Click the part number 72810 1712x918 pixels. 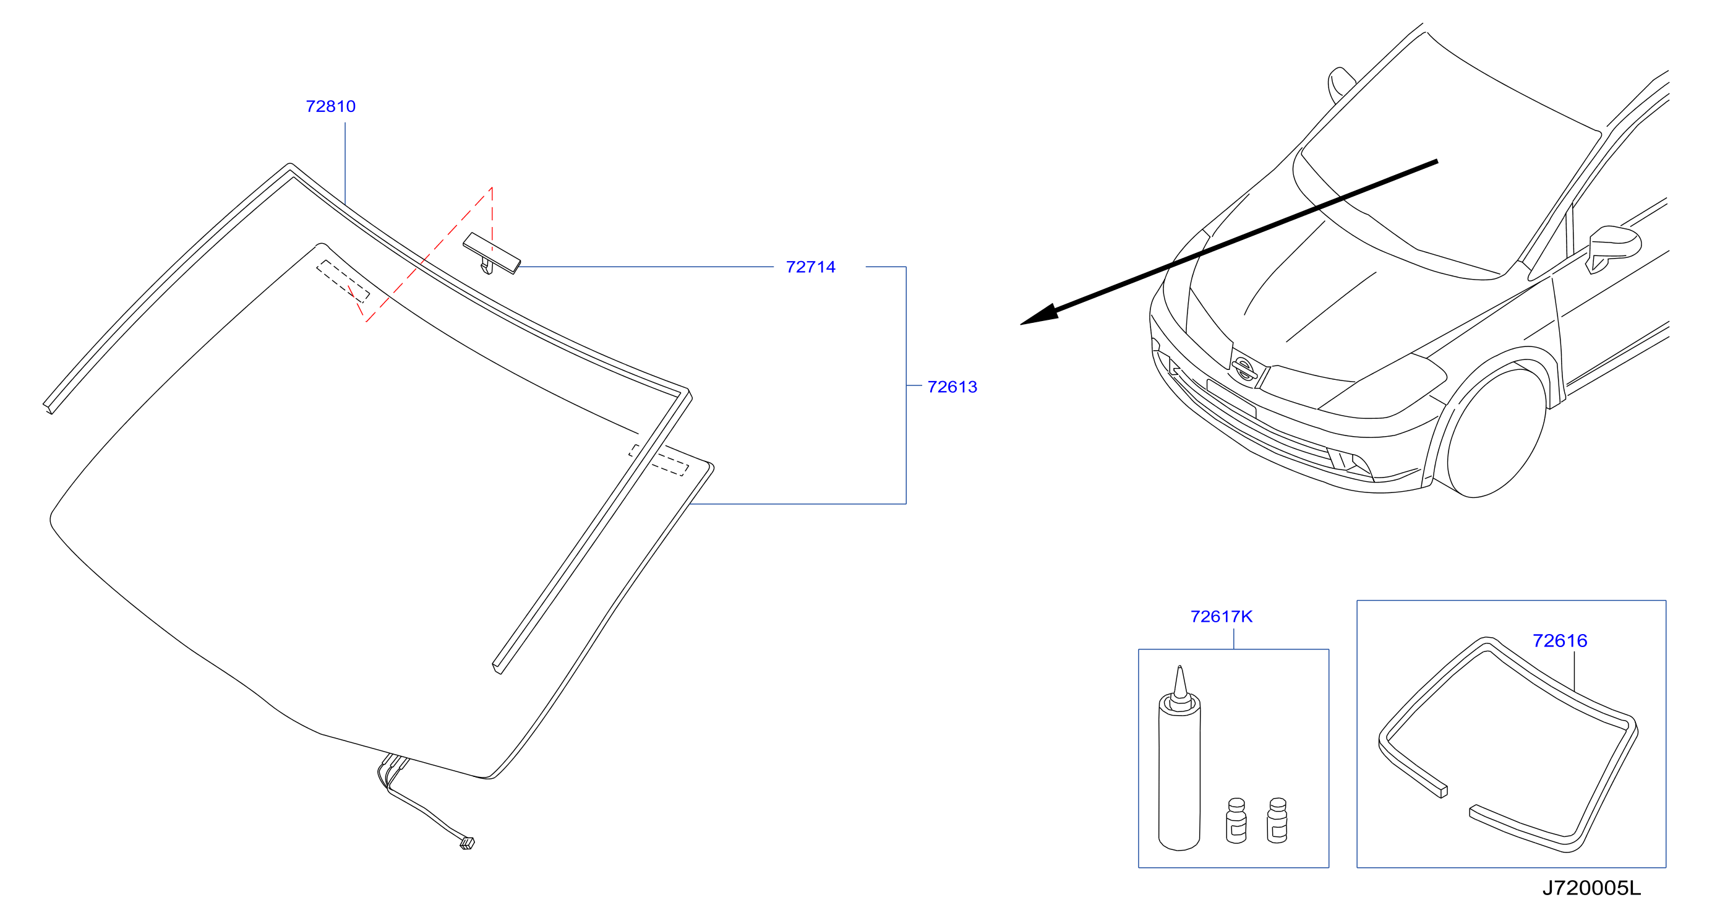330,106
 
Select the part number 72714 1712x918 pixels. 810,267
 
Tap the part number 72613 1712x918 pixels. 952,387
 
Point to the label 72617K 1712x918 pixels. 1221,617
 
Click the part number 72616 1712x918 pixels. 1559,641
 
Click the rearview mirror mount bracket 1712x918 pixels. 492,253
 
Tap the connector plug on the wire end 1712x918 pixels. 467,844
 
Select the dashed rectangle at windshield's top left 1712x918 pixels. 343,281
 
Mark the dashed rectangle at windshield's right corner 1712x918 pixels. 659,460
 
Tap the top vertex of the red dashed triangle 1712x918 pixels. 491,188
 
